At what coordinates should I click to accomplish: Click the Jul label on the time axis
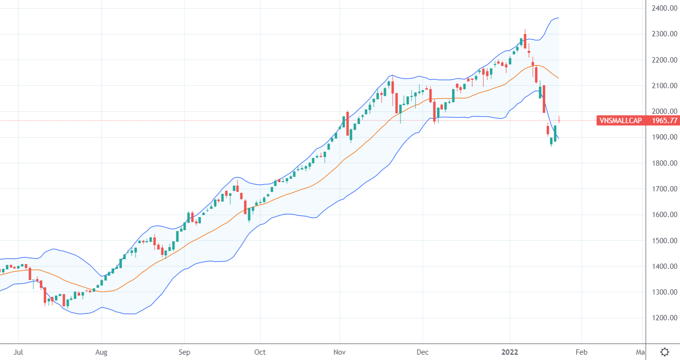coord(18,352)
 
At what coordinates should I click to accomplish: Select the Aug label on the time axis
coord(101,352)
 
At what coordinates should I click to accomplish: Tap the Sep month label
coord(185,352)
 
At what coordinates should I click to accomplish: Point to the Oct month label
coord(260,352)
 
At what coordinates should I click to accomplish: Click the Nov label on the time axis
coord(340,352)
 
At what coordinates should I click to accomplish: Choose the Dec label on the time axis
coord(423,352)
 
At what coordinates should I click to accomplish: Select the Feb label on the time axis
coord(582,352)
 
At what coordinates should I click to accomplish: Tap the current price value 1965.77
coord(664,121)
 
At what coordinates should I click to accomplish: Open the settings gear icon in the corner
coord(665,352)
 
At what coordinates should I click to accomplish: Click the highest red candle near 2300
coord(525,42)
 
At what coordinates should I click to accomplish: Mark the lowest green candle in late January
coord(551,141)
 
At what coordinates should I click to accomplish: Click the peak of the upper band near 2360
coord(558,18)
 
